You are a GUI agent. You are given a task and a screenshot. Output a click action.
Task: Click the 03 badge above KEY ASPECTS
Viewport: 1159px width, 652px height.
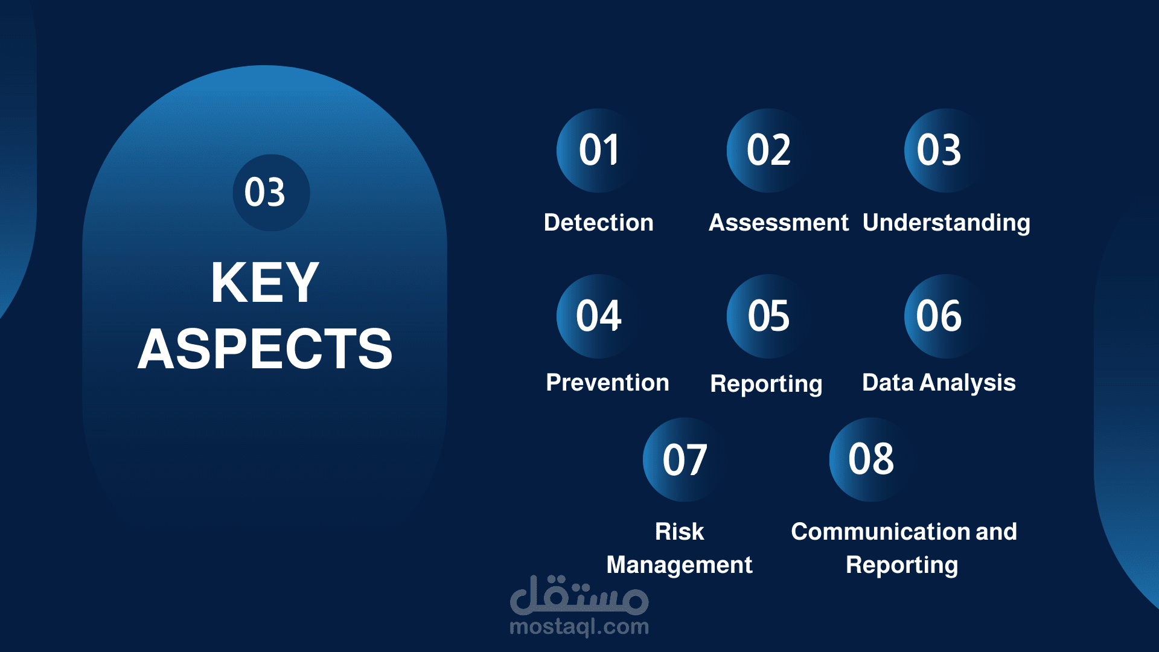click(x=272, y=193)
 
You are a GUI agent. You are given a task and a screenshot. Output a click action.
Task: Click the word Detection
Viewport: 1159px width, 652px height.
click(x=599, y=222)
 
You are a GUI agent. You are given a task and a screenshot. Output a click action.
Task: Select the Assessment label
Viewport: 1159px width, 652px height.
click(x=779, y=222)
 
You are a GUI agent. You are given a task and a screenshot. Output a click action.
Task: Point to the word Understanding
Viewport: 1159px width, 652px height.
click(x=947, y=223)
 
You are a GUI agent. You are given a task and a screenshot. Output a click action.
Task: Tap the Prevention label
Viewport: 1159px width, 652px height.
click(x=607, y=382)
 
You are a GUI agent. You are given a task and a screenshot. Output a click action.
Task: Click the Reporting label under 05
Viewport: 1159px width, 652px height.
click(x=767, y=385)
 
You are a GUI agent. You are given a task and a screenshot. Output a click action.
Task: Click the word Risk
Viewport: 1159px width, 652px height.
click(x=680, y=531)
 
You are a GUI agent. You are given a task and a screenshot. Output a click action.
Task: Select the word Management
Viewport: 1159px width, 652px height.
click(x=680, y=566)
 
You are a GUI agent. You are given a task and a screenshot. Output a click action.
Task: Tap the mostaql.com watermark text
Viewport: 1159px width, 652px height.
click(x=579, y=627)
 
